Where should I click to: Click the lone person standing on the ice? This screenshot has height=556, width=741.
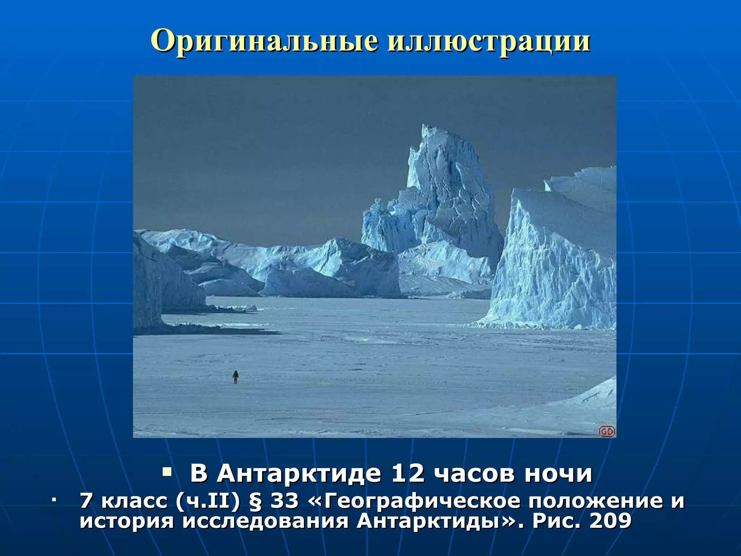(x=236, y=377)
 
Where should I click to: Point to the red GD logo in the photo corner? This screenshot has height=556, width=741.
(x=607, y=431)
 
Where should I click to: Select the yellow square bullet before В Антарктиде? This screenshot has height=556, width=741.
(x=167, y=472)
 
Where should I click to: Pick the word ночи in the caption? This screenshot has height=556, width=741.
(x=558, y=473)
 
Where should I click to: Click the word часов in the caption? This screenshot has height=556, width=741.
(x=474, y=473)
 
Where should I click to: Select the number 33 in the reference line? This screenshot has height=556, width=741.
(x=285, y=501)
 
